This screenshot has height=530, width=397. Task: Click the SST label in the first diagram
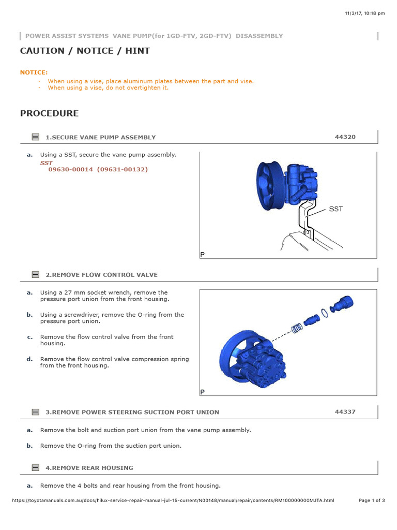point(335,209)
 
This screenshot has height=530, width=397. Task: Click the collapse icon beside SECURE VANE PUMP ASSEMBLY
point(35,137)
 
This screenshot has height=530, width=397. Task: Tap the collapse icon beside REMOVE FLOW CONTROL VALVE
point(35,275)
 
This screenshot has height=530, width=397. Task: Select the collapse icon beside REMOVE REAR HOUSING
point(35,468)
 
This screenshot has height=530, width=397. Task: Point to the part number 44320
point(345,137)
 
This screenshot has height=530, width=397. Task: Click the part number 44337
point(345,412)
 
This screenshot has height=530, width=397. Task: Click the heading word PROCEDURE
point(49,113)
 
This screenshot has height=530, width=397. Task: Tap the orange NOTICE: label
point(34,72)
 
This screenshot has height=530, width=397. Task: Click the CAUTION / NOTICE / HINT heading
point(85,51)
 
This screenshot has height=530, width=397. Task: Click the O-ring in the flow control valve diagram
point(324,312)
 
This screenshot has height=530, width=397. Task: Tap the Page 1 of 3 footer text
point(372,500)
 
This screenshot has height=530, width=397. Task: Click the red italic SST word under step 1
point(47,163)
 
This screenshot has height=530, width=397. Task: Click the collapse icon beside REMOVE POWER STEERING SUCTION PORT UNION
point(35,413)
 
